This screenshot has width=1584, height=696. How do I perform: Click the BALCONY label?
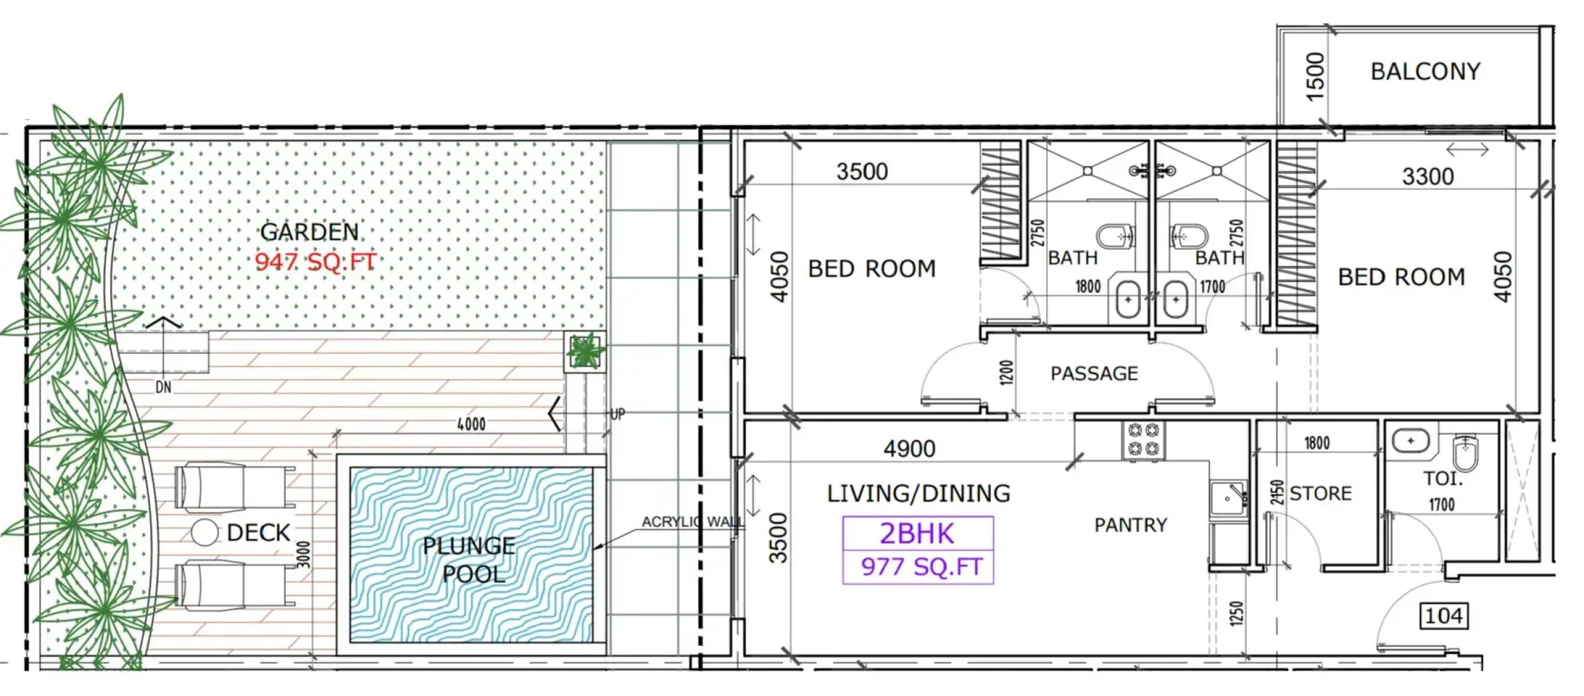pos(1425,71)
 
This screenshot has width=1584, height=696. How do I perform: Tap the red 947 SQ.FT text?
pos(315,261)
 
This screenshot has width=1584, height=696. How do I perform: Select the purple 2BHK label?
pos(916,533)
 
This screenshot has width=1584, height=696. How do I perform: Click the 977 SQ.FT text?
pos(921,567)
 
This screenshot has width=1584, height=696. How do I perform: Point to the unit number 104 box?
pos(1444,616)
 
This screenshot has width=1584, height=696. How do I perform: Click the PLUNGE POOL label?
pos(470,560)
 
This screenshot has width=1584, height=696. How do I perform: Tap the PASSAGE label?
pos(1094,373)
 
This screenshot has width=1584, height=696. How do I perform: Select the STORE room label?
pos(1320,493)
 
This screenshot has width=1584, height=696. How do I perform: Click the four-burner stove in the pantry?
pos(1144,440)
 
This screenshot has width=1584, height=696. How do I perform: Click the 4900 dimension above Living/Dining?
pos(909,449)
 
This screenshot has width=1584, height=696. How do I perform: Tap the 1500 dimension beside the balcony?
pos(1315,77)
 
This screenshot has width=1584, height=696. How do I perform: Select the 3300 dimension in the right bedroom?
pos(1428,177)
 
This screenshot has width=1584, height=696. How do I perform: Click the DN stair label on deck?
pos(163,387)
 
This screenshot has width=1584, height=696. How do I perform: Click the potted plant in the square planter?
pos(585,352)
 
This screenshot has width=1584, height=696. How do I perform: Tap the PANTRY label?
pos(1131,525)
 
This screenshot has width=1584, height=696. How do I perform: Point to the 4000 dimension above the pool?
pos(471,424)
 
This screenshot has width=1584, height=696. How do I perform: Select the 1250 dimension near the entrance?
pos(1236,614)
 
